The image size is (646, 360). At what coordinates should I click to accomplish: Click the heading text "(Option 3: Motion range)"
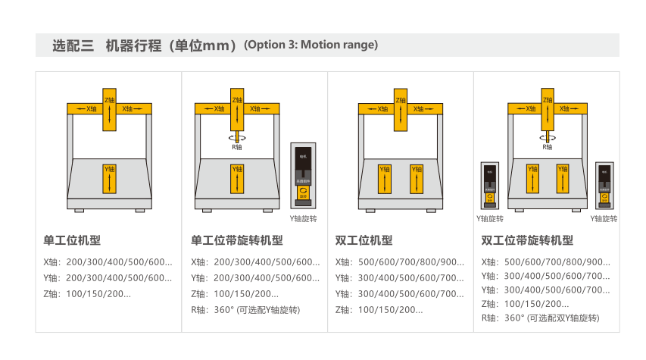click(x=311, y=45)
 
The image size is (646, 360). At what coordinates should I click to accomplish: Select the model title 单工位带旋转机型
click(x=237, y=240)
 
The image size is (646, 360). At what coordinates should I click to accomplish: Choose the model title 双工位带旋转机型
click(x=527, y=240)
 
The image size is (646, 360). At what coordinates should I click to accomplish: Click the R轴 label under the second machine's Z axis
click(x=237, y=148)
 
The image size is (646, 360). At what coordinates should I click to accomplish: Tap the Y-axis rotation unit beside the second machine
click(x=304, y=174)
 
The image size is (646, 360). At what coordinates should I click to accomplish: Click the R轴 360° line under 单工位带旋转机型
click(x=245, y=309)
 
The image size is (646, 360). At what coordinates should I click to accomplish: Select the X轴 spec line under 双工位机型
click(x=400, y=262)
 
